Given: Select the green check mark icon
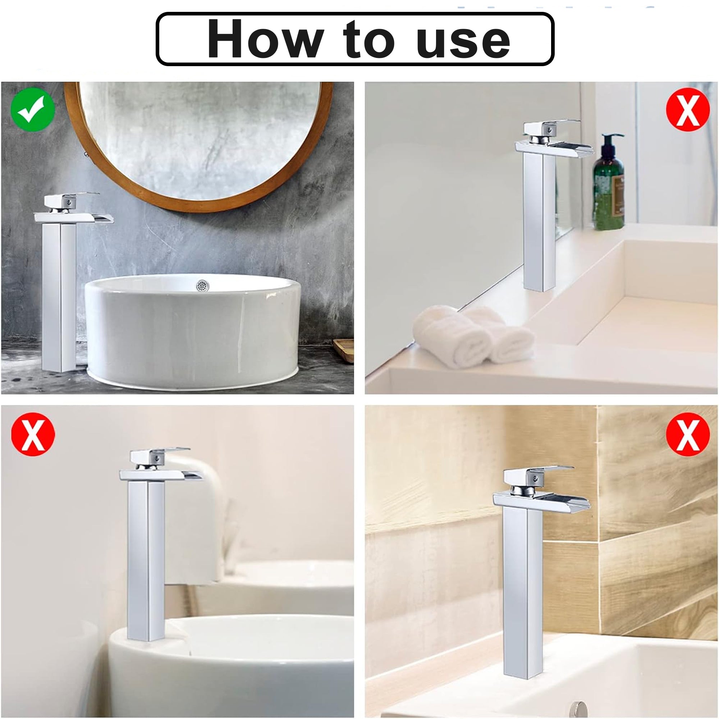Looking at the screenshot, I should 33,109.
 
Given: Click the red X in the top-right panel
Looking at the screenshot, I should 687,109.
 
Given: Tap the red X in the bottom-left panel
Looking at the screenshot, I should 33,434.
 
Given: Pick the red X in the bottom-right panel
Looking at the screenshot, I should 687,434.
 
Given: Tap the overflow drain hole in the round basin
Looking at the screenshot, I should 202,285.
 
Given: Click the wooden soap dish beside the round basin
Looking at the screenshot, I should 343,348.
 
